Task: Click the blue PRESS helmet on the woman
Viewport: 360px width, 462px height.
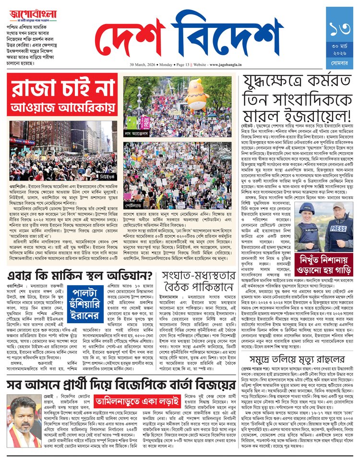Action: (x=306, y=208)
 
